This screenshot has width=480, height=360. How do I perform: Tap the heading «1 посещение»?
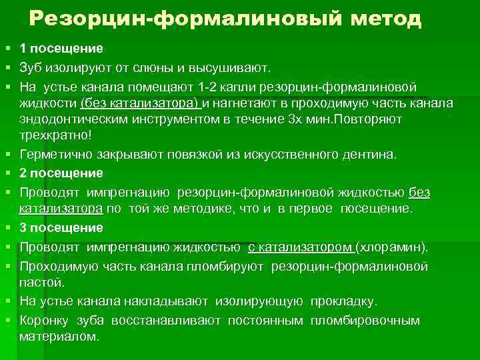click(x=61, y=49)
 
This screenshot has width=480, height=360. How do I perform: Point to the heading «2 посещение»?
click(x=61, y=173)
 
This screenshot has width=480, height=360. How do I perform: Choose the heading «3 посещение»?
click(x=61, y=228)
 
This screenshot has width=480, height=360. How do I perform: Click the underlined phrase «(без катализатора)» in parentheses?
click(x=140, y=103)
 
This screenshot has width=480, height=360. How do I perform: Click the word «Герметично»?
click(x=54, y=154)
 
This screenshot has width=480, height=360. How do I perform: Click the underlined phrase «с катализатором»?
click(x=300, y=247)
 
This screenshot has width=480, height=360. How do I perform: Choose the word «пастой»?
click(x=41, y=282)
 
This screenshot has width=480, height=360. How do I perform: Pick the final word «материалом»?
click(x=59, y=336)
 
